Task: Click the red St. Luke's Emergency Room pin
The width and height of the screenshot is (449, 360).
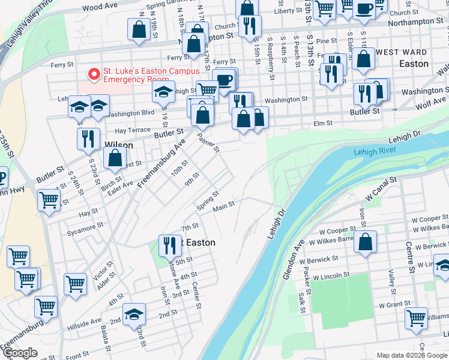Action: point(94,75)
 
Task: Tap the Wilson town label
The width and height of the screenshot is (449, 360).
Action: point(118,145)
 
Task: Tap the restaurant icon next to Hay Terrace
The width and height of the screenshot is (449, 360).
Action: point(89,139)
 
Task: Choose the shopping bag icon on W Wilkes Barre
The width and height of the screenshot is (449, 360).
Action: point(365,242)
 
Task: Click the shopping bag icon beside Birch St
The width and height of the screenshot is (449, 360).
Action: point(115,158)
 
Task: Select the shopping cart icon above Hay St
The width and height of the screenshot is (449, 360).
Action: point(49,200)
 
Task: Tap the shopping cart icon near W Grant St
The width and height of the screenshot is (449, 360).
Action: point(416,318)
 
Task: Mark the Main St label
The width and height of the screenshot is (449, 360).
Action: point(224,206)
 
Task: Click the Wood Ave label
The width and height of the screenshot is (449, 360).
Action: point(100,7)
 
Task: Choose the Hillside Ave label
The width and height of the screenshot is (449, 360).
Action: point(88,323)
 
